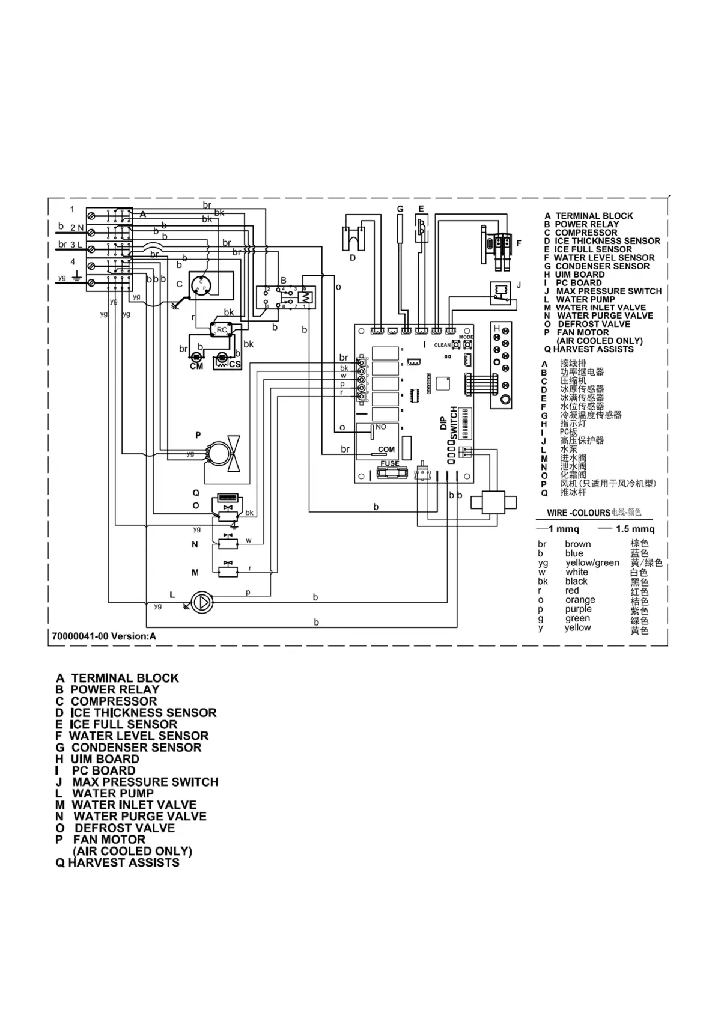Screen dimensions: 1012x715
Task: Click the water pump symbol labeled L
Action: click(x=202, y=601)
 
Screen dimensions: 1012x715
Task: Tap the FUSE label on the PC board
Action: click(x=389, y=463)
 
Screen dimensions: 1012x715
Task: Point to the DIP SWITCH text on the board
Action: click(x=449, y=424)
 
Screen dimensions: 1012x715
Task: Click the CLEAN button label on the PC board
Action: click(x=442, y=345)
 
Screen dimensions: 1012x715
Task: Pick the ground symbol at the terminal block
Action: click(x=77, y=276)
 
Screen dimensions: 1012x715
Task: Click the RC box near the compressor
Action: click(x=221, y=329)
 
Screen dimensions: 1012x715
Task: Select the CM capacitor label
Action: click(x=196, y=366)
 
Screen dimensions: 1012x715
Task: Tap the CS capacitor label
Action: click(x=234, y=365)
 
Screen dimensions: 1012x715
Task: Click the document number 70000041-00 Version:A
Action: click(x=105, y=636)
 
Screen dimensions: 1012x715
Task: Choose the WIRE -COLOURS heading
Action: click(x=578, y=513)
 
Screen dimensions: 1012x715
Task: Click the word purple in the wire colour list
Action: click(x=578, y=609)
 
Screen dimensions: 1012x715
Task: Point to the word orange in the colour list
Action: click(x=580, y=600)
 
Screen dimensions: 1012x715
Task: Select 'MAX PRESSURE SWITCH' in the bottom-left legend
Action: click(x=145, y=782)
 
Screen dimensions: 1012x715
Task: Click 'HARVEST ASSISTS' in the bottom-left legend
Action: click(x=124, y=862)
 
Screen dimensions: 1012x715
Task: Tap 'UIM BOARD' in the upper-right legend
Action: click(x=580, y=274)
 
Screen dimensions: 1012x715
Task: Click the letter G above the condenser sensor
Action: click(x=400, y=209)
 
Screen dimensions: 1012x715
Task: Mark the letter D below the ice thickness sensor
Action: click(x=353, y=258)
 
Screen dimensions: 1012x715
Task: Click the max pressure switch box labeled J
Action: click(x=500, y=291)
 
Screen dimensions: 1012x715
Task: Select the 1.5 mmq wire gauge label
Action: click(x=635, y=529)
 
